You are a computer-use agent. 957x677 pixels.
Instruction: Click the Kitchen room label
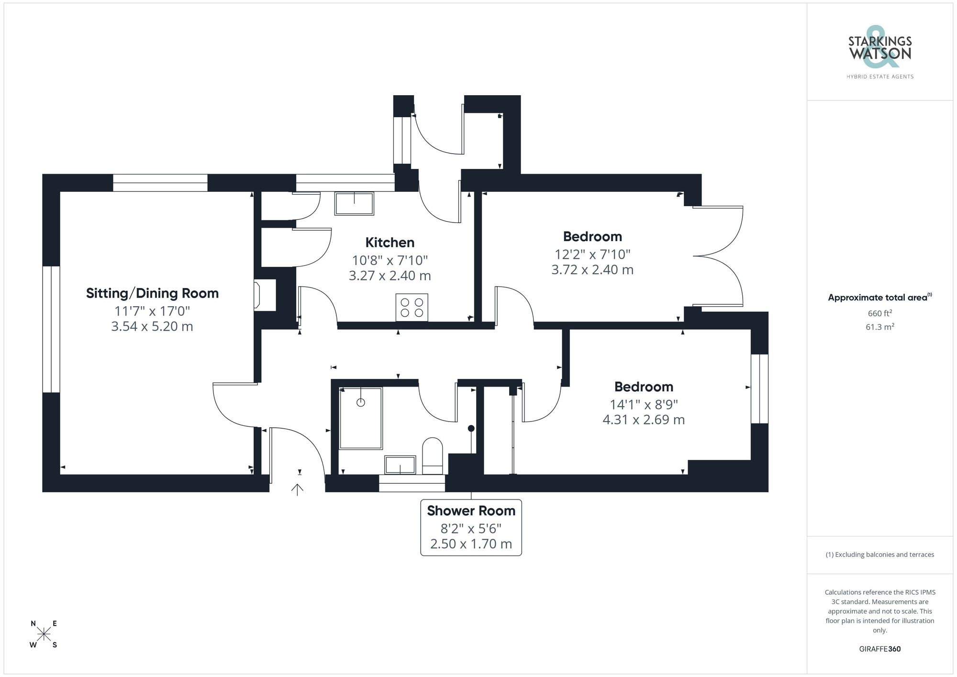click(x=389, y=243)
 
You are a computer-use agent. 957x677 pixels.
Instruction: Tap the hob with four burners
click(x=412, y=307)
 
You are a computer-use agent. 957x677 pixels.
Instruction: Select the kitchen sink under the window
click(x=354, y=204)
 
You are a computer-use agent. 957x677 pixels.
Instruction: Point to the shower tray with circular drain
click(x=361, y=418)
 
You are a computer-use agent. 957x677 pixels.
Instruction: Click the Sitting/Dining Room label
click(x=152, y=293)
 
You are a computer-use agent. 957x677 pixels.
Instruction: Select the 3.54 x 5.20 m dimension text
click(x=152, y=327)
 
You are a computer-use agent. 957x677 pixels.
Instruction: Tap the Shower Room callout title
click(x=471, y=511)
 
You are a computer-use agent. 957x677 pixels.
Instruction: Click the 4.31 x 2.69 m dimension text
click(x=643, y=420)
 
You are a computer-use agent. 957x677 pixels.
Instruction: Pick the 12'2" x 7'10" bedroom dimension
click(x=592, y=254)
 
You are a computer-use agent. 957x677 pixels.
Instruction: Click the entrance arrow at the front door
click(x=297, y=489)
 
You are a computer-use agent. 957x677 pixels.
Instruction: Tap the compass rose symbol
click(x=44, y=634)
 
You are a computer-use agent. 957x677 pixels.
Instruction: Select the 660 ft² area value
click(x=879, y=313)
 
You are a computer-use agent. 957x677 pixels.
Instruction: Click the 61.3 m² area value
click(x=879, y=327)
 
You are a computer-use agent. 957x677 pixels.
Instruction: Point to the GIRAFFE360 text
click(x=879, y=649)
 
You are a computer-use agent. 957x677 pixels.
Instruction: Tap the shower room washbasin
click(x=400, y=465)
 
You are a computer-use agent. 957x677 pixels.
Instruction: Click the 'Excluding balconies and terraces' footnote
click(x=879, y=555)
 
